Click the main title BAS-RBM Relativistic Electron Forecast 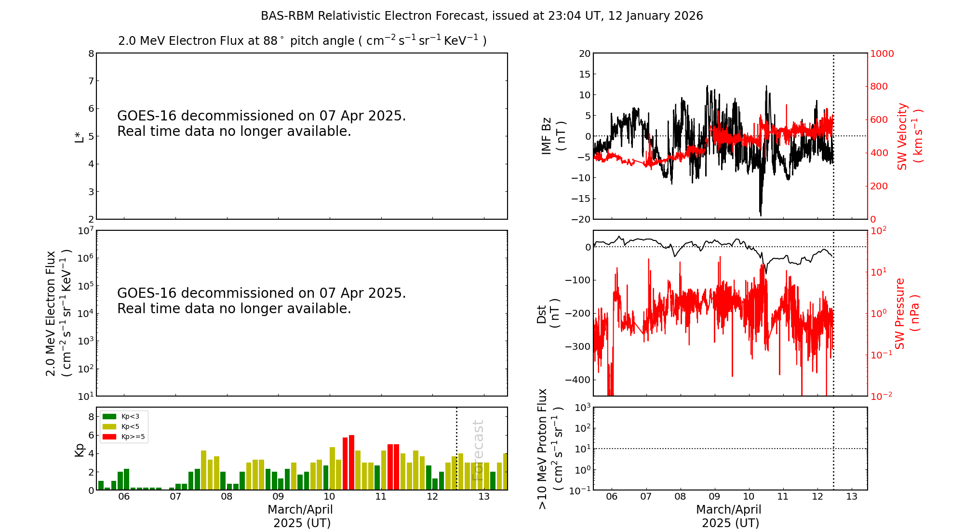tap(482, 16)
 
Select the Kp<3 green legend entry tap(120, 416)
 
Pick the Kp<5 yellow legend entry tap(120, 426)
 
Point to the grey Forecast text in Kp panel tap(478, 450)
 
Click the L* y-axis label tap(80, 136)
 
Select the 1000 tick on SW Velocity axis tap(882, 53)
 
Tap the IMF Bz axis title tap(553, 136)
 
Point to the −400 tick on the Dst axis tap(580, 380)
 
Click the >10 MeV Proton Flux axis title tap(550, 449)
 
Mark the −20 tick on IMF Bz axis tap(580, 219)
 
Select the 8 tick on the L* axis tap(91, 53)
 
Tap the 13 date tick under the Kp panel tap(484, 497)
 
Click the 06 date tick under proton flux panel tap(612, 497)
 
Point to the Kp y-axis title tap(80, 450)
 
